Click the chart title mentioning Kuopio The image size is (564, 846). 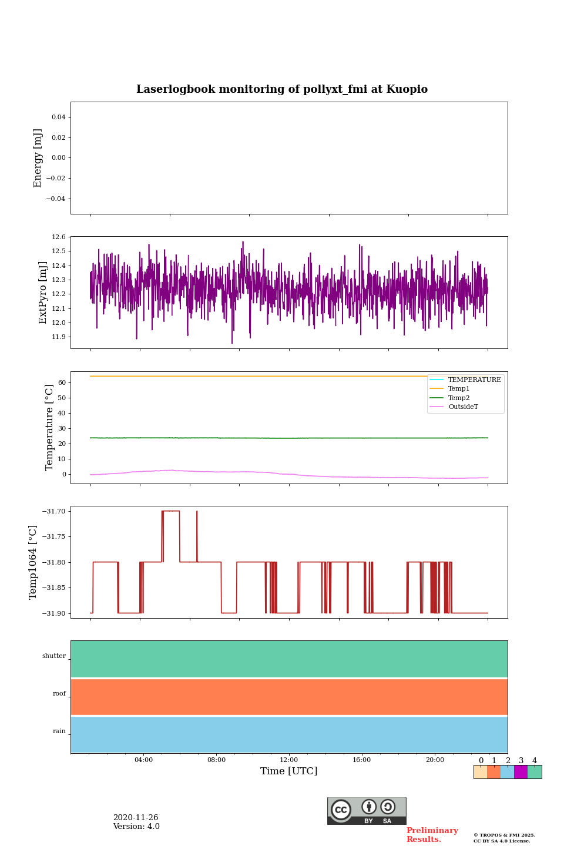point(282,89)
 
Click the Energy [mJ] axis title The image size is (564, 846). point(38,158)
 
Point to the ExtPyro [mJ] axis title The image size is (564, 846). point(43,293)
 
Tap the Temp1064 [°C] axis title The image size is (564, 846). point(33,562)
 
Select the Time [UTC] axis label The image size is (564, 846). point(288,771)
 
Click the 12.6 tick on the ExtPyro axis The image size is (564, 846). point(59,237)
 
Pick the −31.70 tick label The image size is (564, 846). point(53,512)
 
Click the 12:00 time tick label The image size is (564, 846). point(288,760)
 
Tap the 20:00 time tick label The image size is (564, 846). point(435,760)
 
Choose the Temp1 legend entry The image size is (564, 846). point(459,389)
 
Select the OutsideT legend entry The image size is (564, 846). point(463,407)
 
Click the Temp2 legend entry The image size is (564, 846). point(459,398)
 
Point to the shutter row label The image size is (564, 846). point(54,656)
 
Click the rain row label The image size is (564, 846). point(59,731)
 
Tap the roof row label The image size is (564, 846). point(59,694)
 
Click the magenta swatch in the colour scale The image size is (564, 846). point(521,772)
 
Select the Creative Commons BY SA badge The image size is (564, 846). point(367,811)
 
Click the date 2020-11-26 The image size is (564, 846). point(136,818)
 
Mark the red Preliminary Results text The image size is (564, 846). point(432,835)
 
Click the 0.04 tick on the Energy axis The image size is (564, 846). point(58,117)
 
